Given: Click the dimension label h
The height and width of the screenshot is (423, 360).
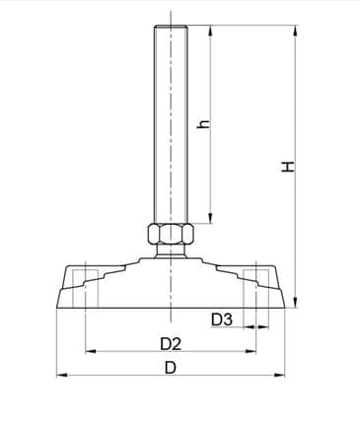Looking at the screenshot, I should (204, 124).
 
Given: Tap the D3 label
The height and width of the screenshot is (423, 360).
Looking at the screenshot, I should (222, 318).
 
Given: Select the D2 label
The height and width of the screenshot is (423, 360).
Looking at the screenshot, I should (170, 343).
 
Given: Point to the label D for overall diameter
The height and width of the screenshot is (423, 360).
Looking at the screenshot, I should (170, 368).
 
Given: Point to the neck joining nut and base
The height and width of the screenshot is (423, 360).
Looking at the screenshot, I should (171, 252).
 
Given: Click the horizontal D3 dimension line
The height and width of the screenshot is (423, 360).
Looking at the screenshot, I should (254, 326).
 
